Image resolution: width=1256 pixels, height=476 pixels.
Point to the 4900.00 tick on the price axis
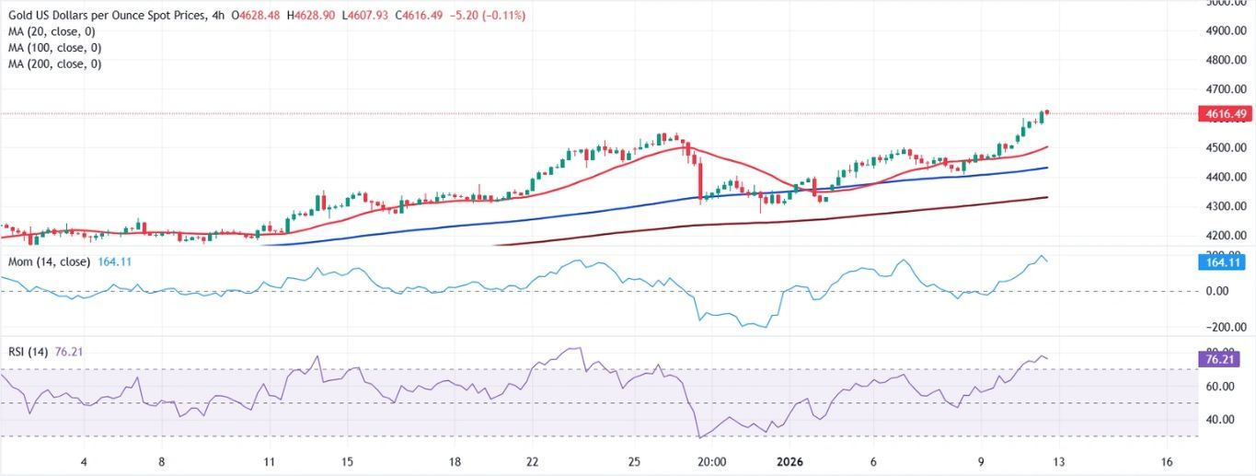click(1224, 31)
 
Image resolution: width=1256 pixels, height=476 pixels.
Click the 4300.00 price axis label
click(1224, 206)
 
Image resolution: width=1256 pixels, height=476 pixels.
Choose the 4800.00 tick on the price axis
click(1224, 61)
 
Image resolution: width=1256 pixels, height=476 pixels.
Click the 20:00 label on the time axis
click(712, 462)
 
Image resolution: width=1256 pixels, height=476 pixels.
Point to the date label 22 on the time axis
click(533, 462)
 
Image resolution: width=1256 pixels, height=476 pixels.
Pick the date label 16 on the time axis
click(1167, 462)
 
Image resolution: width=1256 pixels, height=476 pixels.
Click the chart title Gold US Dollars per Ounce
click(103, 15)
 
